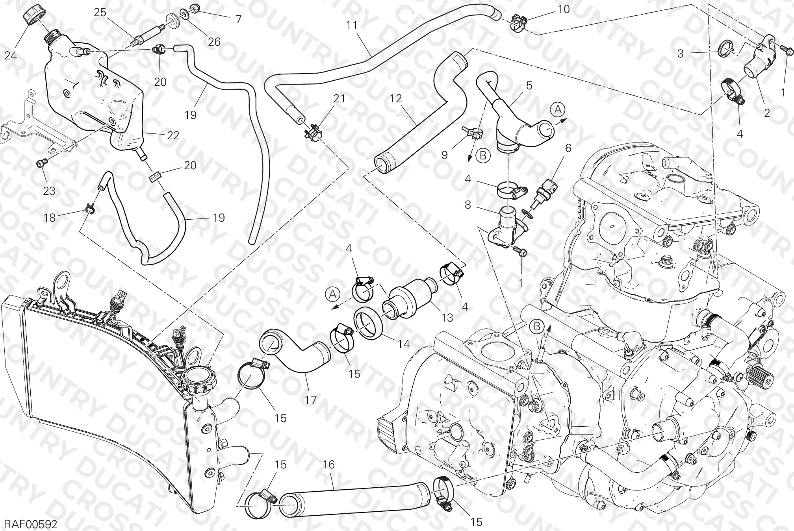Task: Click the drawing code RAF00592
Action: coord(31,524)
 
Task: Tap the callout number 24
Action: coord(11,56)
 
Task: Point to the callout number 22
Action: coord(173,135)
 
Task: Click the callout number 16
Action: coord(329,465)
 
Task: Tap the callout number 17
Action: coord(310,400)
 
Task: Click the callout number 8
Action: coord(468,205)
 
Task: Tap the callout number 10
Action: coord(564,9)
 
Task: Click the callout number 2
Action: coord(766,114)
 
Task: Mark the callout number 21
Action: coord(339,98)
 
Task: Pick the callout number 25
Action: coord(100,12)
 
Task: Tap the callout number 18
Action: coord(50,218)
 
